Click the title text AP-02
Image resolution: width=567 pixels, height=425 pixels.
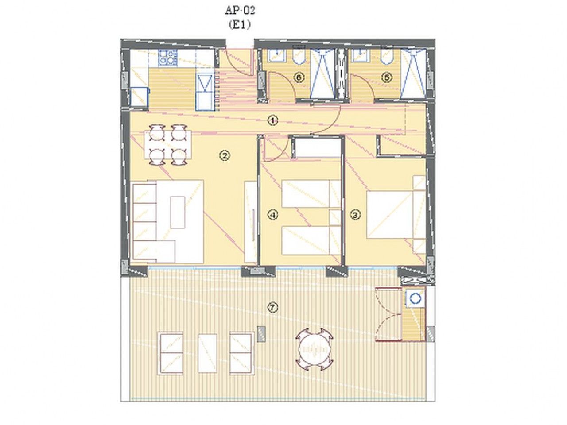[240, 11]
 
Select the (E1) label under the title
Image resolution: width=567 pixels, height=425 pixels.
[240, 25]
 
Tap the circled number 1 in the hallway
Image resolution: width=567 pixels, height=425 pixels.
[273, 120]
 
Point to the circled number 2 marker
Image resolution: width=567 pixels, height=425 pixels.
[224, 155]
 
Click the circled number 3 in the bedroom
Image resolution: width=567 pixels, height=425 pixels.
[355, 215]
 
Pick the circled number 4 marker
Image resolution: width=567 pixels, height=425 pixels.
[273, 215]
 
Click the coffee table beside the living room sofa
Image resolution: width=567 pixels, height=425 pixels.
[178, 212]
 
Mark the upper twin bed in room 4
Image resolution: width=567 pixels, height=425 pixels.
[311, 193]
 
